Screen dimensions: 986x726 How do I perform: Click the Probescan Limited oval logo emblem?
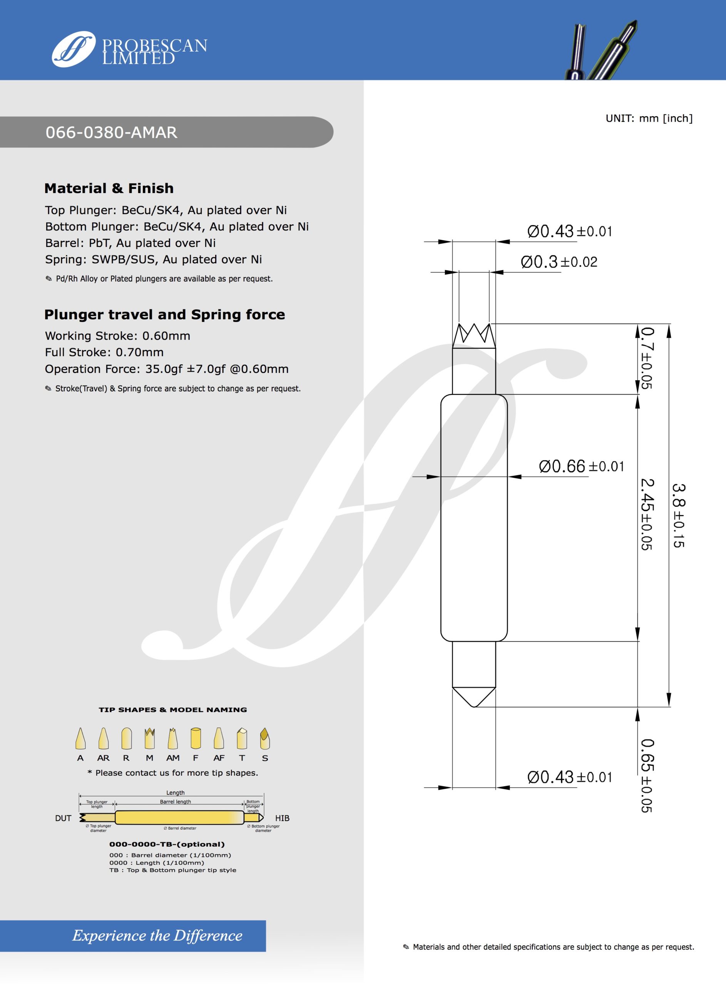click(74, 49)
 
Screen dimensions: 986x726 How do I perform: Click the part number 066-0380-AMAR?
click(111, 132)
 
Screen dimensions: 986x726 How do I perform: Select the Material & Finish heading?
click(109, 188)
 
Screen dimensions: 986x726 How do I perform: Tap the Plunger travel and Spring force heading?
click(164, 314)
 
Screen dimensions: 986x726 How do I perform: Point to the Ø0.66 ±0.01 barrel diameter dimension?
click(581, 466)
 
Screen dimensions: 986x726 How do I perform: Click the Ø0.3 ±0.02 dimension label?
click(559, 262)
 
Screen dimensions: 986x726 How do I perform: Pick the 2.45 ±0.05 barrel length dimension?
click(646, 514)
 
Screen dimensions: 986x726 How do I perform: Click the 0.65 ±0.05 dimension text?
click(646, 775)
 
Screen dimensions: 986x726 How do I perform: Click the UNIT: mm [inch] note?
click(649, 118)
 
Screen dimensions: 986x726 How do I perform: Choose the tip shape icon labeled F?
click(196, 738)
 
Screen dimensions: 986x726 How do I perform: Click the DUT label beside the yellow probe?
click(63, 818)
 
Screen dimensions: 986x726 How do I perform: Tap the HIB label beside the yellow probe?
click(282, 818)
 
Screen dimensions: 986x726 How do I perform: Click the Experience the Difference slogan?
click(157, 936)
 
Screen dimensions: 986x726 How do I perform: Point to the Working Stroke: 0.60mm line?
click(117, 336)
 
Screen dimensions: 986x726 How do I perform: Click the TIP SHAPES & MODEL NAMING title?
click(173, 709)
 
